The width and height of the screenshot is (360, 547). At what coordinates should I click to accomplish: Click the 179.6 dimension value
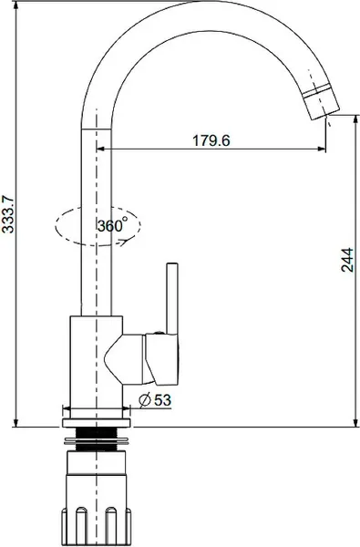(x=211, y=140)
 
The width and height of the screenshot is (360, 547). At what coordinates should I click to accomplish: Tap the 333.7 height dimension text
(x=8, y=214)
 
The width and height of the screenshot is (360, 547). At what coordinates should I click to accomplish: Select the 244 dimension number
(x=347, y=260)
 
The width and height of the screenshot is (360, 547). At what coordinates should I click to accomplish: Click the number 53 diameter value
(x=162, y=400)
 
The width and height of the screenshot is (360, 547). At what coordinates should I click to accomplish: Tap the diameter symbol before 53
(x=145, y=400)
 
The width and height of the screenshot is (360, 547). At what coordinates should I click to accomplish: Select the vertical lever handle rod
(x=172, y=298)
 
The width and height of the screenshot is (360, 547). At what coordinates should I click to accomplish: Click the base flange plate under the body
(x=97, y=423)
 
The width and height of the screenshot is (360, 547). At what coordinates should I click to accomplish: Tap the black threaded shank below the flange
(x=97, y=439)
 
